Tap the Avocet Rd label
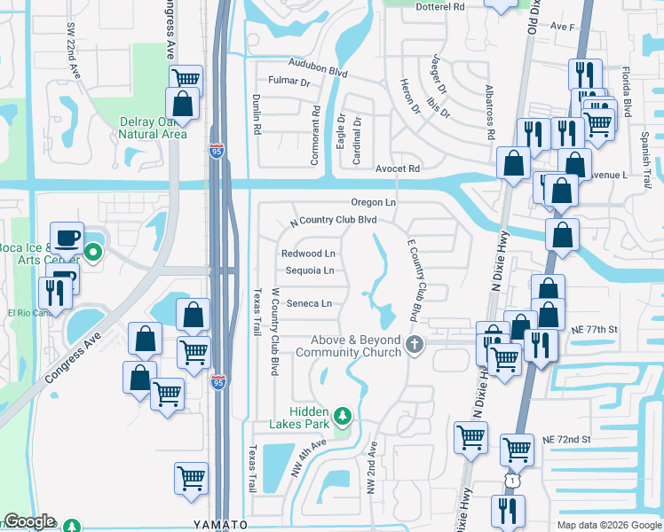(x=396, y=168)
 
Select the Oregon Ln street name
(x=372, y=202)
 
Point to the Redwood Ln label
(x=308, y=254)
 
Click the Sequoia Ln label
(x=308, y=270)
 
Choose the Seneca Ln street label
(x=308, y=303)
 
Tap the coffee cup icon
(x=67, y=239)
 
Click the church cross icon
(x=414, y=345)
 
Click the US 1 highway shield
(x=512, y=480)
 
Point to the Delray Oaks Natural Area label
(x=154, y=128)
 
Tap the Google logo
(x=29, y=521)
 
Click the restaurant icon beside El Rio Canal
(x=56, y=293)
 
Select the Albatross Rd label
(x=489, y=113)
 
